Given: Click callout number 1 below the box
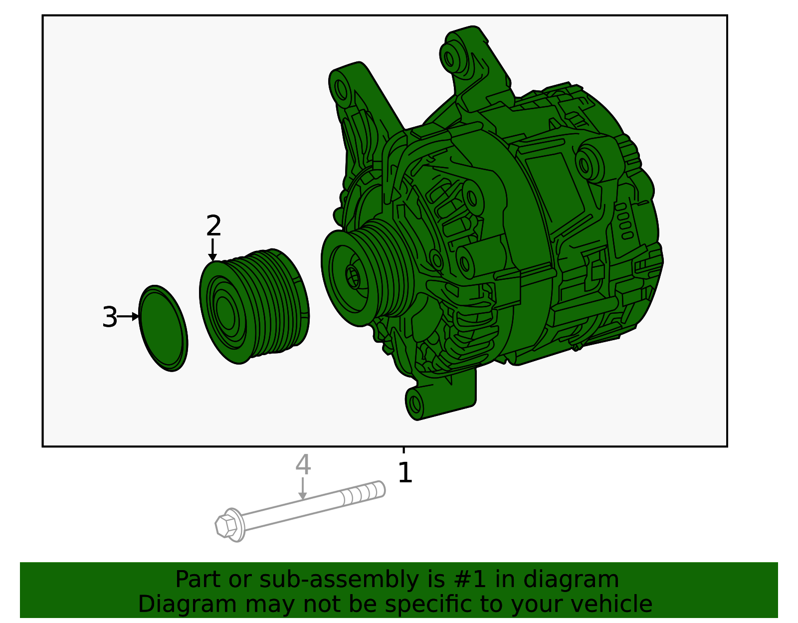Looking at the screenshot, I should coord(405,473).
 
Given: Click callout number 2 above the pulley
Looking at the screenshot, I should coord(213,226).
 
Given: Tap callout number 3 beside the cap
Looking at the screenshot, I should coord(109,317).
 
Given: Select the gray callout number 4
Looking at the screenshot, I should coord(303,465).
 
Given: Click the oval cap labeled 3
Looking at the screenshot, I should coord(164,328).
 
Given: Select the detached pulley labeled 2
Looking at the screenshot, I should coord(254,305).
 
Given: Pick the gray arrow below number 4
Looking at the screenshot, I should coord(302,489).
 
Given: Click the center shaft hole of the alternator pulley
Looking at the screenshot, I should coord(352,277).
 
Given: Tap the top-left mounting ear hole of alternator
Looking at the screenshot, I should coord(341,89).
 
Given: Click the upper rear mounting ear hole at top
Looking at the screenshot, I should coord(449,59).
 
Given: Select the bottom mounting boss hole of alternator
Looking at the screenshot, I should coord(415,402).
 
